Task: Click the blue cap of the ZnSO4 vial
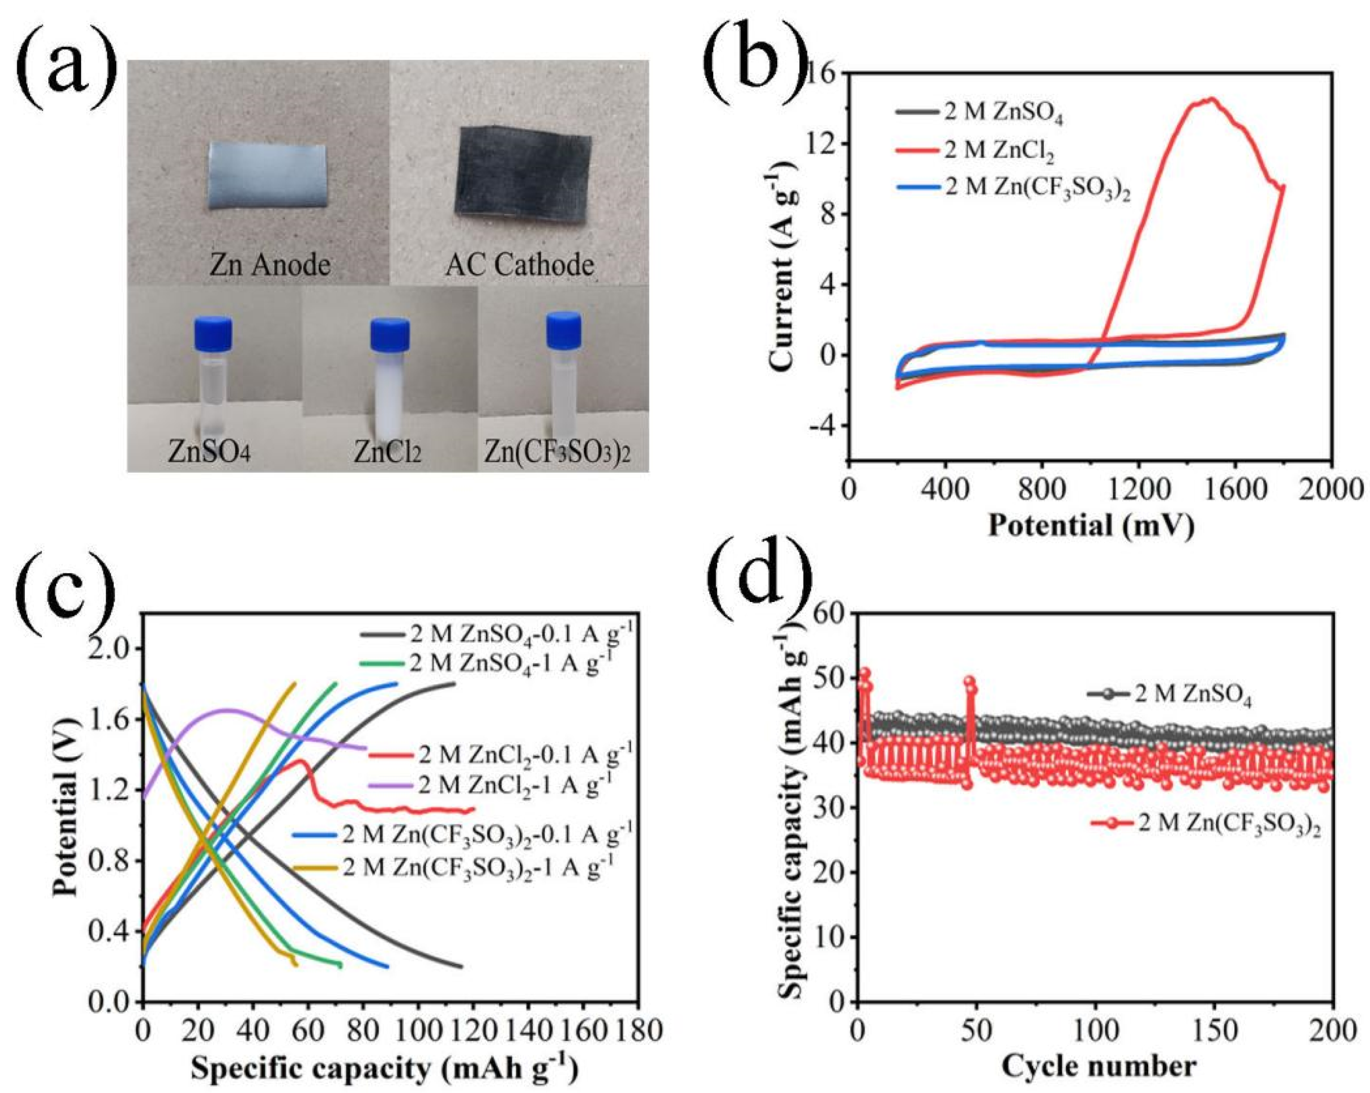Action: point(213,334)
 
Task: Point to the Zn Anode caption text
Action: point(270,264)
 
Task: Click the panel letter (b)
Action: point(758,58)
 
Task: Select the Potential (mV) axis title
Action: point(1090,525)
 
